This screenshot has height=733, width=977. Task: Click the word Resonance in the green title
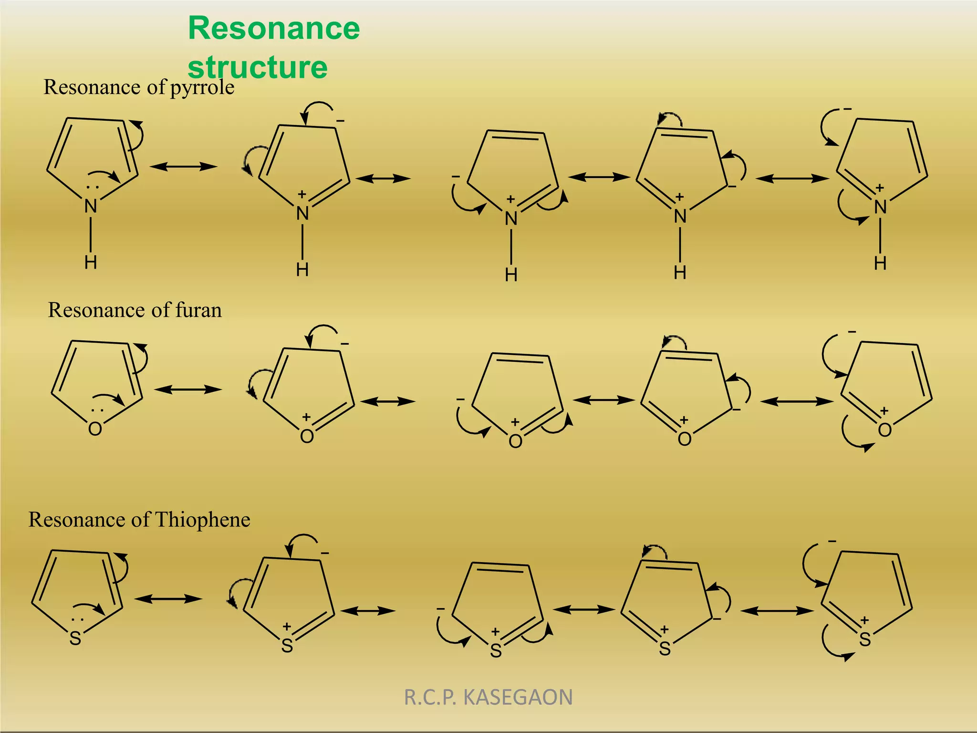(274, 29)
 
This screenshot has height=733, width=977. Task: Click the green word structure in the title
(258, 67)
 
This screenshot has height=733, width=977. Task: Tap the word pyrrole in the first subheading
(202, 88)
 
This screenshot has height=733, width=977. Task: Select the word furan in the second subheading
(198, 310)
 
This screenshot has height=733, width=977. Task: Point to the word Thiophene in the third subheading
(202, 520)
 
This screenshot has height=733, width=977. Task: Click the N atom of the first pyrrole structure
(91, 207)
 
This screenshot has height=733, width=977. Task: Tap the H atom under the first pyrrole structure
(91, 262)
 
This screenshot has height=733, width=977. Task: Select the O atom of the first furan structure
(95, 429)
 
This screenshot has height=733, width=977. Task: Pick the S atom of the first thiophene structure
(75, 639)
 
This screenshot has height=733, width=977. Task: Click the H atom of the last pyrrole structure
(880, 263)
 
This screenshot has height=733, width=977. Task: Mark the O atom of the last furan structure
(885, 430)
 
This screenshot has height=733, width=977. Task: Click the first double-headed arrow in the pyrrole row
(184, 167)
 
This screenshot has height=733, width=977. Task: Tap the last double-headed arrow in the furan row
(796, 402)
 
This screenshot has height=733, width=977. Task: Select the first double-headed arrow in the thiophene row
(168, 599)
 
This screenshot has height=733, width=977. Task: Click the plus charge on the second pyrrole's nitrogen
(301, 194)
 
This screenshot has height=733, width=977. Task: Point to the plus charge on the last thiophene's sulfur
(864, 621)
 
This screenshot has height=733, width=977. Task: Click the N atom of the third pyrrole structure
(511, 219)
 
